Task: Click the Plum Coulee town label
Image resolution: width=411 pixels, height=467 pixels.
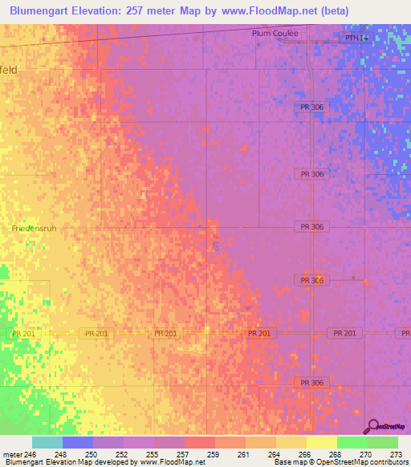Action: (x=275, y=34)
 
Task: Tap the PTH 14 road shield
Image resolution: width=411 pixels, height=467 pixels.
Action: (x=355, y=38)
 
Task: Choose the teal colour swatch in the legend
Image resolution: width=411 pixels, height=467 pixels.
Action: (x=47, y=442)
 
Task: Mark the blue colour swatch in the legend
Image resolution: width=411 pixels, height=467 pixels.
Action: (x=78, y=442)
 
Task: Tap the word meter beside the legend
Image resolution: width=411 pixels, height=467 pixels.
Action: (x=10, y=454)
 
